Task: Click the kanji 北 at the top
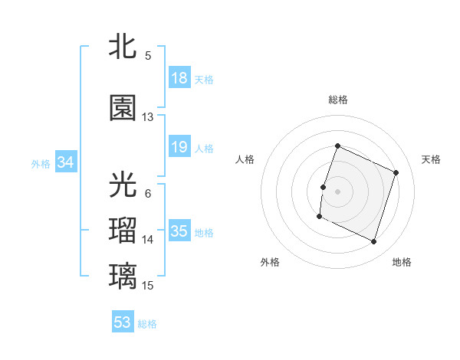[123, 46]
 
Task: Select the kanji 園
[123, 109]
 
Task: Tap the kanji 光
[123, 185]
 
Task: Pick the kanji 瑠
[123, 231]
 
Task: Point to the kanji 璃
[123, 276]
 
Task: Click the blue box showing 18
[179, 79]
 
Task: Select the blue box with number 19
[179, 148]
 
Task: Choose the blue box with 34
[65, 162]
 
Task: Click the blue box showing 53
[123, 322]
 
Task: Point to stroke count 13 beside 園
[148, 117]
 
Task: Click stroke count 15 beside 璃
[148, 285]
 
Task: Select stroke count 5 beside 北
[148, 55]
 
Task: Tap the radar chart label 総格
[337, 100]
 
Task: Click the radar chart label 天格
[431, 159]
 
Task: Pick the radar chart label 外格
[270, 262]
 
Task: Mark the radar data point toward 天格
[396, 172]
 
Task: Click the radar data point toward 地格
[373, 242]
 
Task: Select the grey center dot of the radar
[337, 191]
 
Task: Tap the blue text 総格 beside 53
[148, 324]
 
